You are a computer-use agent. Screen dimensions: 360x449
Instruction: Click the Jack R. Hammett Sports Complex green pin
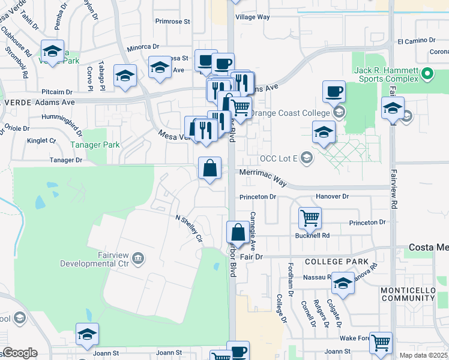427,74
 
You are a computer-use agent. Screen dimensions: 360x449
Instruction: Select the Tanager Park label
95,145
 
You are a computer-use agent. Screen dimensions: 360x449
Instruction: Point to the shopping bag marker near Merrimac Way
210,168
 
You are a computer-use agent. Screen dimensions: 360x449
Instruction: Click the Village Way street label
252,17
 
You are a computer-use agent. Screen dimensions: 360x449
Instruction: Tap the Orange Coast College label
290,113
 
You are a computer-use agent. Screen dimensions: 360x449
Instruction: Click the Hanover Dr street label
332,196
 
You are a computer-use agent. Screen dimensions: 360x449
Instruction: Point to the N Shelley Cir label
188,229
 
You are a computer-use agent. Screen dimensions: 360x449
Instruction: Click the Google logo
20,353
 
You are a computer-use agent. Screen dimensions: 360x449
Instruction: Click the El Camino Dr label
416,40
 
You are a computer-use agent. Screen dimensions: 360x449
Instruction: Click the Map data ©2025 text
424,355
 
